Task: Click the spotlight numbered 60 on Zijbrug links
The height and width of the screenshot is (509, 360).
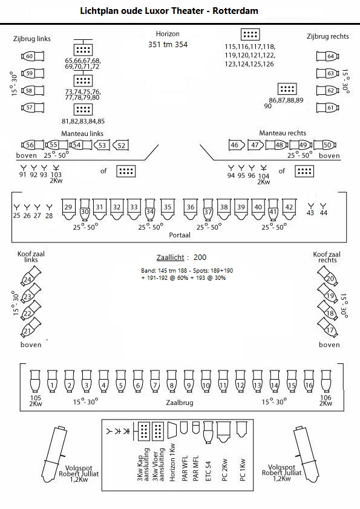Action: pyautogui.click(x=33, y=56)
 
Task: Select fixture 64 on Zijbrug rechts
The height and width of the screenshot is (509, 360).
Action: pyautogui.click(x=327, y=56)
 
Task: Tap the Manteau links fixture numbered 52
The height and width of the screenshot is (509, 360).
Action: pyautogui.click(x=120, y=146)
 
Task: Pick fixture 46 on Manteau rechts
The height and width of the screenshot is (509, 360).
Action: pyautogui.click(x=237, y=145)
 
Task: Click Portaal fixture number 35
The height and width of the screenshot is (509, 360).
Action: pyautogui.click(x=168, y=209)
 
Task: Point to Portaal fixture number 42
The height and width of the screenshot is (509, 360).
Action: pyautogui.click(x=289, y=209)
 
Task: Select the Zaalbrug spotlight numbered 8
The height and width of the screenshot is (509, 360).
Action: pyautogui.click(x=172, y=381)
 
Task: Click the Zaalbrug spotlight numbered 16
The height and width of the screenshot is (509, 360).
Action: pyautogui.click(x=309, y=381)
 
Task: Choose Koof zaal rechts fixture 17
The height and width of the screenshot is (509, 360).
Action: pyautogui.click(x=327, y=327)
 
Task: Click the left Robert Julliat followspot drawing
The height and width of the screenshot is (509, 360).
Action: pyautogui.click(x=54, y=455)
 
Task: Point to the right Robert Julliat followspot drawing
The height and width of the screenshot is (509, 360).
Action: pyautogui.click(x=306, y=455)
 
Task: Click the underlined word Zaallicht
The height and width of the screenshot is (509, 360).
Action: pyautogui.click(x=170, y=258)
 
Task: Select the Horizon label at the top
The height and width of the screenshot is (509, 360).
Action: pyautogui.click(x=168, y=34)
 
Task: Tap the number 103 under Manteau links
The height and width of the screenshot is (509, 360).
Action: pyautogui.click(x=56, y=175)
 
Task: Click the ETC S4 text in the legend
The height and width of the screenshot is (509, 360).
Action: pyautogui.click(x=209, y=471)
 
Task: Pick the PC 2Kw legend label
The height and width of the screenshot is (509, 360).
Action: pyautogui.click(x=224, y=470)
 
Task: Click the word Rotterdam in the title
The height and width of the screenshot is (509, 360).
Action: pyautogui.click(x=235, y=11)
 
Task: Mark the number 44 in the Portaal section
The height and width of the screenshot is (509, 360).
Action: pyautogui.click(x=323, y=213)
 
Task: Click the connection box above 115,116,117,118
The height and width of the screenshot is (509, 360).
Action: pyautogui.click(x=250, y=34)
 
